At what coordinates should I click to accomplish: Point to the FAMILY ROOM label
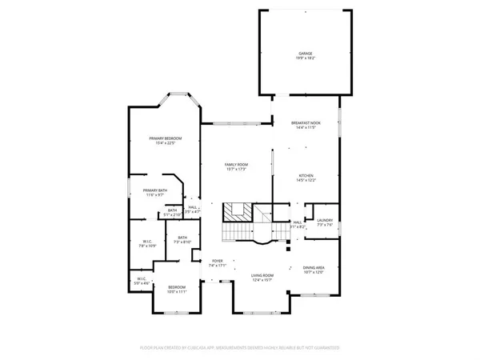[236, 164]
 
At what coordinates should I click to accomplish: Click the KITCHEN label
[306, 175]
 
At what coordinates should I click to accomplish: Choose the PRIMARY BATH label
[154, 190]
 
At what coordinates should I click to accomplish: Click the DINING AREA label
[314, 268]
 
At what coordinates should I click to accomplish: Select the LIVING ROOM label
[263, 274]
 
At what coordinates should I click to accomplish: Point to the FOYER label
[217, 261]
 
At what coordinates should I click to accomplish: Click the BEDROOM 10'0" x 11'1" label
[176, 287]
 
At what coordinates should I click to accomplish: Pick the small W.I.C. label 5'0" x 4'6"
[142, 278]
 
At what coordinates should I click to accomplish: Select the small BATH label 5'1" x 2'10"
[172, 210]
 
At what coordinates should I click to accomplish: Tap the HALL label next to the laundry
[297, 223]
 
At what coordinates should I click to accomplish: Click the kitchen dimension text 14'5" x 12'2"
[306, 180]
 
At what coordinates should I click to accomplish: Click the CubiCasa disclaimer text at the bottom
[240, 348]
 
